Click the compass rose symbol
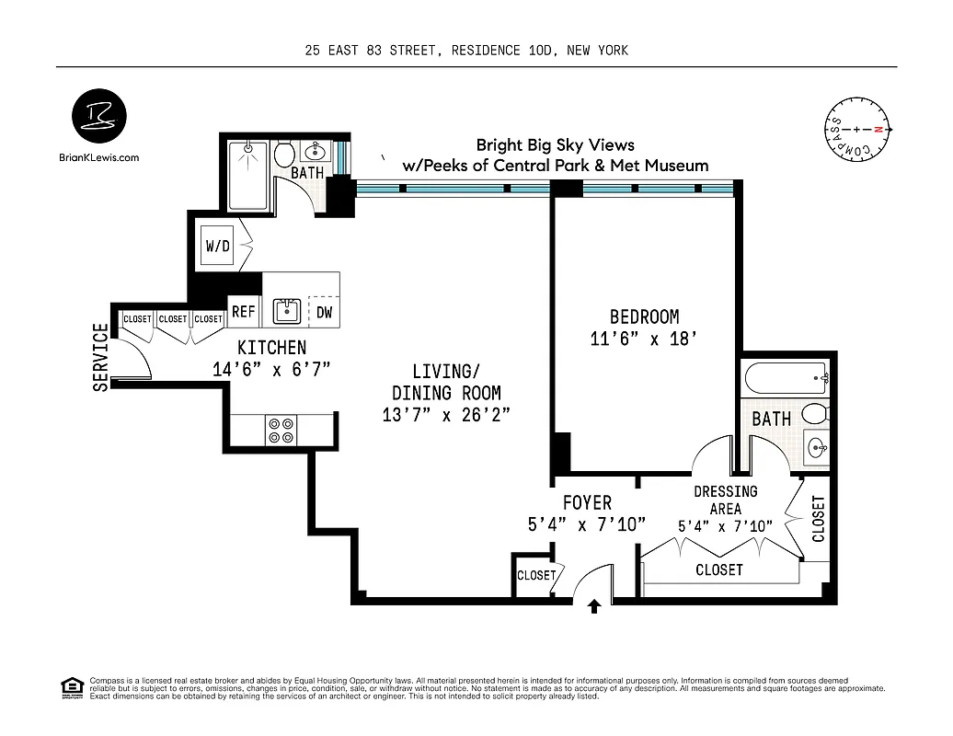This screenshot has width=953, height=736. (x=856, y=130)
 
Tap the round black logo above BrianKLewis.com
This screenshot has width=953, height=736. (x=99, y=118)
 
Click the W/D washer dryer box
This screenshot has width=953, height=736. (x=218, y=247)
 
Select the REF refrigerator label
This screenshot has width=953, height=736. (x=244, y=312)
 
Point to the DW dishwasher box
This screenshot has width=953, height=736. (x=324, y=312)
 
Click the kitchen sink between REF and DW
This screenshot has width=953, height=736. (x=283, y=311)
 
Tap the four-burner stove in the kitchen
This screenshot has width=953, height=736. (x=281, y=431)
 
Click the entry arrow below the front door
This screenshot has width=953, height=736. (x=594, y=605)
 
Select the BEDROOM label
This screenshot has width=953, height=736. (x=644, y=317)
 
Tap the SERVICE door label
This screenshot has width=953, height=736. (x=100, y=358)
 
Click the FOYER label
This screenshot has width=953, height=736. (x=587, y=503)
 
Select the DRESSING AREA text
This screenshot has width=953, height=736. (x=726, y=500)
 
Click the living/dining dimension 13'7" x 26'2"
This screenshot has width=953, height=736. (x=446, y=414)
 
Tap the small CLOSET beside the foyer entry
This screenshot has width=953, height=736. (x=535, y=576)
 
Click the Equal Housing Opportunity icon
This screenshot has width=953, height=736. (x=71, y=687)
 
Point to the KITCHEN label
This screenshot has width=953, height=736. (x=271, y=348)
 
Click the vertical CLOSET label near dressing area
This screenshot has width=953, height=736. (x=818, y=518)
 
